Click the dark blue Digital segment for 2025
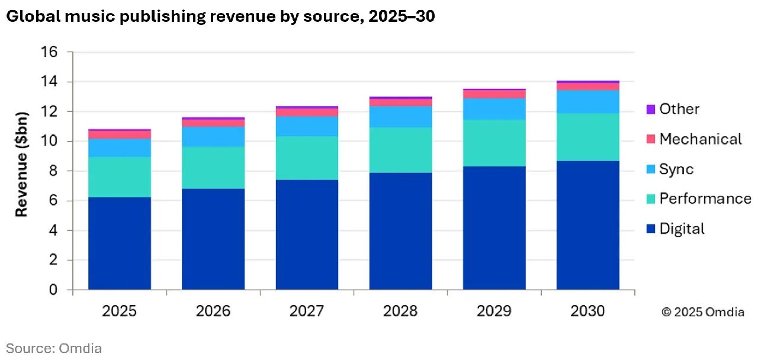[120, 243]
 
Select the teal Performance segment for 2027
[307, 158]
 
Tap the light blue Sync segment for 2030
[587, 102]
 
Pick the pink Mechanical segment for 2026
[213, 123]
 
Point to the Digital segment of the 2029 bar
[494, 228]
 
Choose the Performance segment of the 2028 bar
[400, 150]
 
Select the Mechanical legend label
[700, 139]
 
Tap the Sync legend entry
[676, 169]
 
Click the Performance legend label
[705, 198]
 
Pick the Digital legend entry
[682, 229]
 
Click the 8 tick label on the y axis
[53, 171]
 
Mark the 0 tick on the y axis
[53, 290]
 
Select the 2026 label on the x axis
[213, 311]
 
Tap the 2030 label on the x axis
[587, 311]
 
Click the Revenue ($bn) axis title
[21, 164]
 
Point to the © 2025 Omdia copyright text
[702, 312]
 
